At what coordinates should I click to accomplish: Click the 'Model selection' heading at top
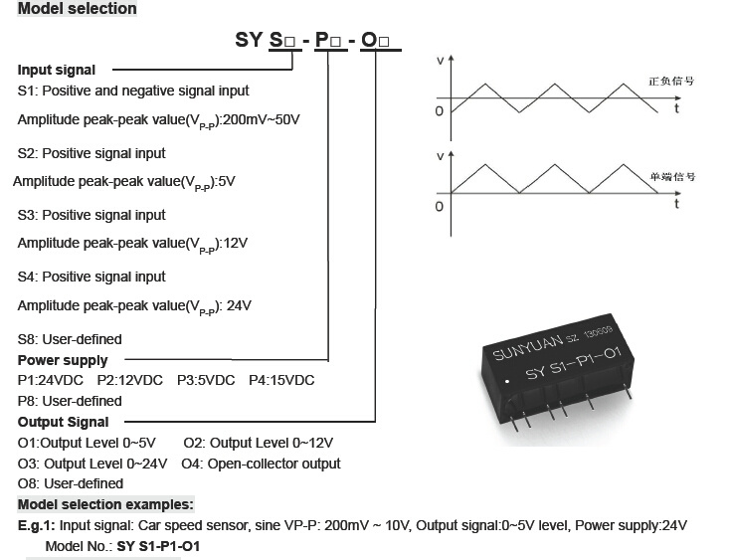[x=78, y=8]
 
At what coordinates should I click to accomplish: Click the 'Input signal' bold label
[x=57, y=70]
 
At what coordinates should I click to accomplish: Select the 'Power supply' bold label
[x=63, y=360]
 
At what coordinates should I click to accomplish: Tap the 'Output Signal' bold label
[x=64, y=422]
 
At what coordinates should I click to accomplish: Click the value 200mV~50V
[x=262, y=119]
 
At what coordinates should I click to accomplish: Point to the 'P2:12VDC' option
[x=130, y=381]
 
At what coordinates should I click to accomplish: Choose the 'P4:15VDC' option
[x=281, y=381]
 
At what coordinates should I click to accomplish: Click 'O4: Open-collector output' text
[x=262, y=464]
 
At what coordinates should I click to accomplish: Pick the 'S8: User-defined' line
[x=70, y=339]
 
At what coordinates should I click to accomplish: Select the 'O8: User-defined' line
[x=71, y=483]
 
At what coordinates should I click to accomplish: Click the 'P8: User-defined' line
[x=70, y=401]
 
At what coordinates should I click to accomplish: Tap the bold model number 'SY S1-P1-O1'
[x=158, y=546]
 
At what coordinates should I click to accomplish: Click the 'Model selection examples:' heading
[x=105, y=504]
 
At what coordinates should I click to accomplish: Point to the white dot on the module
[x=507, y=381]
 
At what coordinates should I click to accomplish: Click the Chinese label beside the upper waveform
[x=671, y=81]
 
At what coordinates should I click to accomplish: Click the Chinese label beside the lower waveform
[x=672, y=177]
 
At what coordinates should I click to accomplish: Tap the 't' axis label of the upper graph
[x=677, y=108]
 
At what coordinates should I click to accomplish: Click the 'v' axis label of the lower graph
[x=441, y=156]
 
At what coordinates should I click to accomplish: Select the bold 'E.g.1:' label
[x=36, y=526]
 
